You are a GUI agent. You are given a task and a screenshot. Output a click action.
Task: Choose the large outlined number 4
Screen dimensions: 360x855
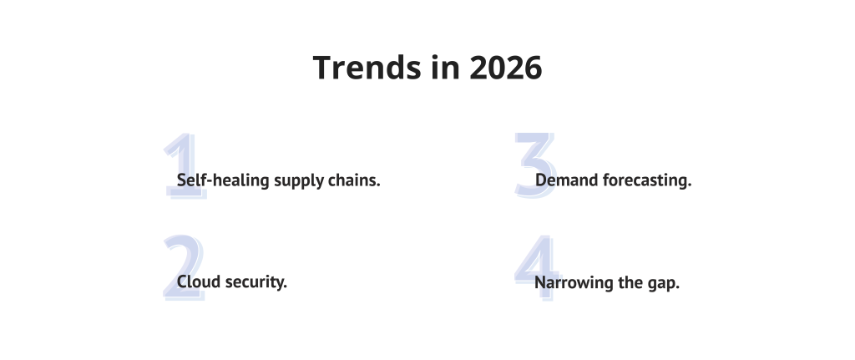pos(535,267)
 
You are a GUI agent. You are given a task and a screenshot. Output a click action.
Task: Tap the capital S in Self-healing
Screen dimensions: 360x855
pos(181,180)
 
